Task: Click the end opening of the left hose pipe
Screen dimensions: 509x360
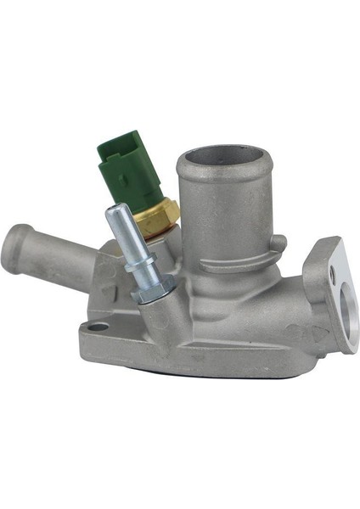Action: [15, 245]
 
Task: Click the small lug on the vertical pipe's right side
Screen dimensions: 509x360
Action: [277, 243]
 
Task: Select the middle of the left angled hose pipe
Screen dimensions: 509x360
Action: [59, 259]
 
